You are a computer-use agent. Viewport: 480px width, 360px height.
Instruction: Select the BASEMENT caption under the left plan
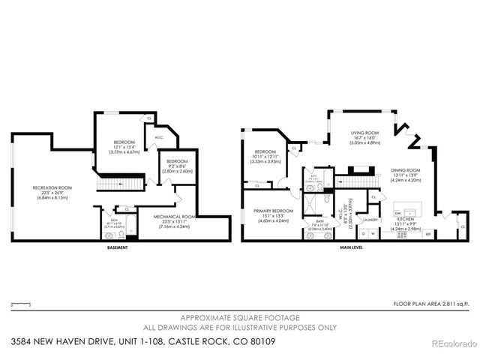[x=116, y=248]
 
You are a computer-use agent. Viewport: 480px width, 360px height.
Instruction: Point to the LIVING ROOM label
[x=365, y=133]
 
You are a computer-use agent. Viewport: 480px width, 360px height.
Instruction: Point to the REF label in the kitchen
[x=428, y=235]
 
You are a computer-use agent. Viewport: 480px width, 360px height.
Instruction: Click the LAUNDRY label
[x=370, y=220]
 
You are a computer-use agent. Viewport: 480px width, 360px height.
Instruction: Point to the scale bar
[x=21, y=303]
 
